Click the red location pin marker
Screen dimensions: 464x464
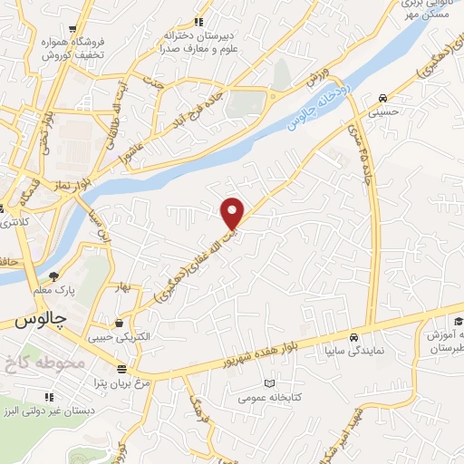tap(233, 213)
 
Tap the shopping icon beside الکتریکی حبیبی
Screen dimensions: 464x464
tap(120, 323)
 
